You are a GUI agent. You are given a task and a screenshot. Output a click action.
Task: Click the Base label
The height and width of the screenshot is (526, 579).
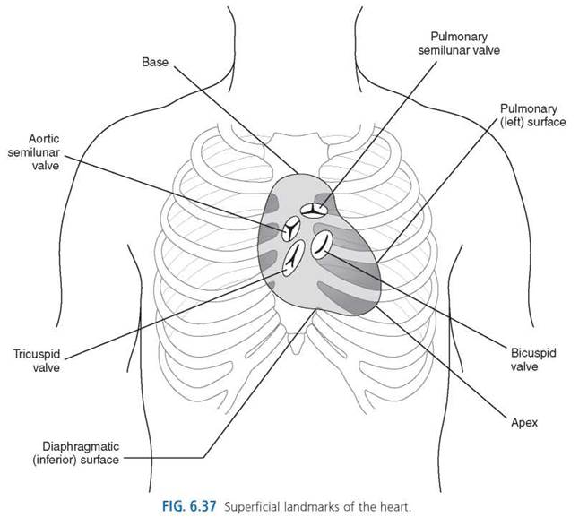pyautogui.click(x=155, y=62)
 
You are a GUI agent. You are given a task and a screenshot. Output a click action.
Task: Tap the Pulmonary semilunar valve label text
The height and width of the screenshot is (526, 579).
pyautogui.click(x=459, y=43)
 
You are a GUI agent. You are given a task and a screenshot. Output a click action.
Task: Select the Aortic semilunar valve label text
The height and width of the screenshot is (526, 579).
pyautogui.click(x=33, y=152)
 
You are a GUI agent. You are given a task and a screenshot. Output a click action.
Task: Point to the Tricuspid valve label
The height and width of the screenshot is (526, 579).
pyautogui.click(x=37, y=360)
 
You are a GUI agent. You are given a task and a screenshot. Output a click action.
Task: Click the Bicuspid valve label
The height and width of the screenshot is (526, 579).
pyautogui.click(x=533, y=359)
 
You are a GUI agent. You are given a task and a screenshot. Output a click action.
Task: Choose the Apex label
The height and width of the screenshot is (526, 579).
pyautogui.click(x=524, y=423)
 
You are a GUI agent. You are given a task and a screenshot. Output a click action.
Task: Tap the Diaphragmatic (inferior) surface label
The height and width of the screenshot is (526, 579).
pyautogui.click(x=75, y=453)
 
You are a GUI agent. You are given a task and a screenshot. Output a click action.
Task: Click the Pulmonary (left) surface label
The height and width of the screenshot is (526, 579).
pyautogui.click(x=533, y=116)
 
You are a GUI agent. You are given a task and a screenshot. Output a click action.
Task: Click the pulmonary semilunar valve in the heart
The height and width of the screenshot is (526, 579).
pyautogui.click(x=314, y=211)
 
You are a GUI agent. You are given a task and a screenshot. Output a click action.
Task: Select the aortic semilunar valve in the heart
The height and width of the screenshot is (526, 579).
pyautogui.click(x=291, y=229)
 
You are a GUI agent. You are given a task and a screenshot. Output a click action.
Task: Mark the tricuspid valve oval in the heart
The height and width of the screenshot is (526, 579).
pyautogui.click(x=294, y=258)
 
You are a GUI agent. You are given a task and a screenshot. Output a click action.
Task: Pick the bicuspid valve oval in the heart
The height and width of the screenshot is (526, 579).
pyautogui.click(x=322, y=245)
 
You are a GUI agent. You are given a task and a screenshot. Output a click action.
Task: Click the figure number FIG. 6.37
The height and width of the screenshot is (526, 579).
pyautogui.click(x=189, y=506)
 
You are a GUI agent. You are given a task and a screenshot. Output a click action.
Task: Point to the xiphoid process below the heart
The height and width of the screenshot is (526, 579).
pyautogui.click(x=295, y=343)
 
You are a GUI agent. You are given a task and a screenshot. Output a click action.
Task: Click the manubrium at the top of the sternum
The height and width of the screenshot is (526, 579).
pyautogui.click(x=297, y=143)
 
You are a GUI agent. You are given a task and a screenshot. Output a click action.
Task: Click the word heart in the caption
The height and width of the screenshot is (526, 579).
pyautogui.click(x=396, y=506)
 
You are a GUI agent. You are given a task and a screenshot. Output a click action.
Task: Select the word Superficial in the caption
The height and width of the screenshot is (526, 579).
pyautogui.click(x=252, y=506)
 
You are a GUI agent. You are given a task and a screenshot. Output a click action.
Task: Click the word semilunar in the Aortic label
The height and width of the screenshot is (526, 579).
pyautogui.click(x=33, y=152)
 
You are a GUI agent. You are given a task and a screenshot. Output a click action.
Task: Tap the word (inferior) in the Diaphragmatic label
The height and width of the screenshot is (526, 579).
pyautogui.click(x=55, y=460)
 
